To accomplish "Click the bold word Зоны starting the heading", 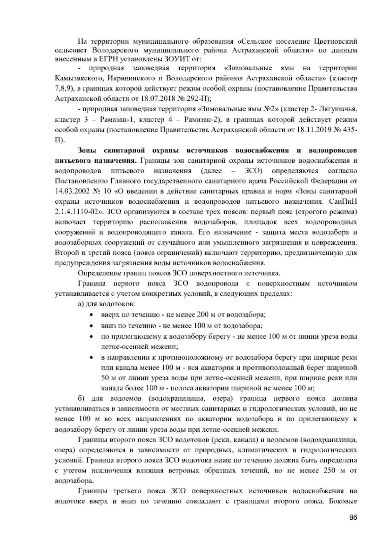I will click(88, 151).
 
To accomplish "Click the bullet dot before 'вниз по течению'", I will click(92, 326).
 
